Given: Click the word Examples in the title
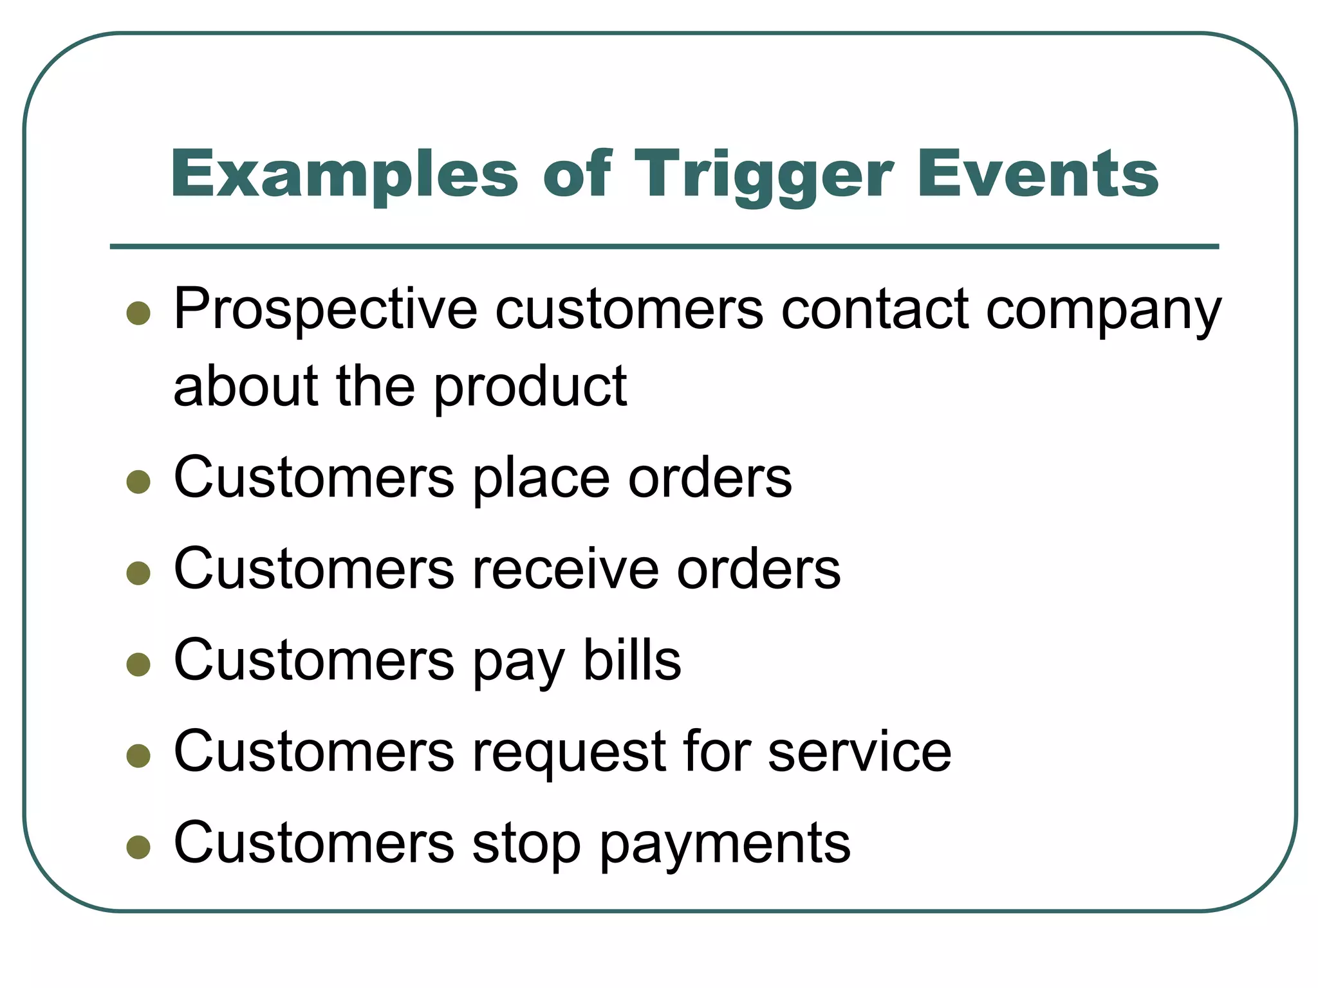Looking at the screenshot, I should [344, 174].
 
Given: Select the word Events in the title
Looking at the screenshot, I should [1037, 174].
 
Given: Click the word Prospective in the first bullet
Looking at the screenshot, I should [325, 310].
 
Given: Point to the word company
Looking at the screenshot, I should [1103, 310].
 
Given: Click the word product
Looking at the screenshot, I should [530, 387].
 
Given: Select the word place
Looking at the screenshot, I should [541, 479].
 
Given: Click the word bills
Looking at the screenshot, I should [631, 661].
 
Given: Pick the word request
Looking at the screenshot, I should [569, 752].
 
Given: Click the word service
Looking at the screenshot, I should [859, 752].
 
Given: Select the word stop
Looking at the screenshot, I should [526, 843].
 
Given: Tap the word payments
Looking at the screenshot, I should [725, 843].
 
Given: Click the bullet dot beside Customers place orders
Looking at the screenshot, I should [138, 481].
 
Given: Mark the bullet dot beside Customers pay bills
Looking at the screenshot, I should [138, 664].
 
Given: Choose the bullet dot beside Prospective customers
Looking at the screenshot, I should [138, 313].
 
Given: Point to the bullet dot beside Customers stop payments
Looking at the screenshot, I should [138, 847].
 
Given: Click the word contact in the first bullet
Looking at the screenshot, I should [875, 310].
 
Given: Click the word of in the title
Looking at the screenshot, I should [576, 174].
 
